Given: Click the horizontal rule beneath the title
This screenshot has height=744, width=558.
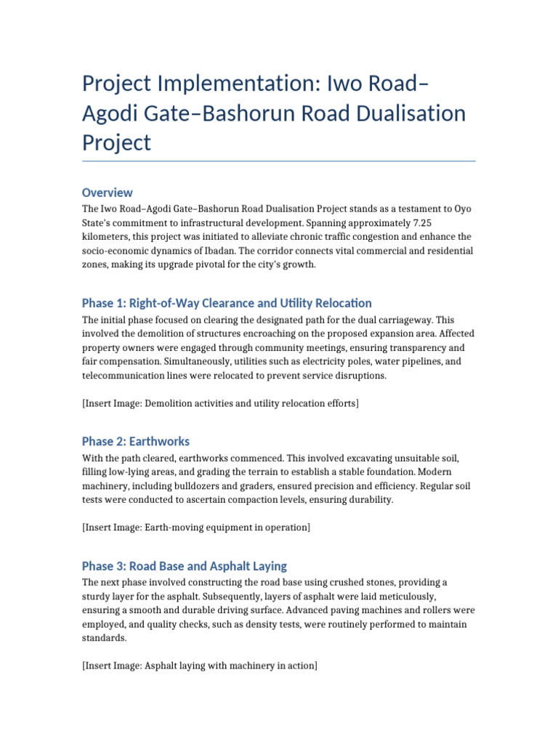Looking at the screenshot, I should [278, 161].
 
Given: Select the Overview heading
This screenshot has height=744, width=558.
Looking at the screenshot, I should [107, 193].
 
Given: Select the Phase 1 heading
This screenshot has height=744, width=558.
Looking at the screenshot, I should [227, 303].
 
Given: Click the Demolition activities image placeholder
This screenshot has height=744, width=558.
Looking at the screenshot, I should [220, 403].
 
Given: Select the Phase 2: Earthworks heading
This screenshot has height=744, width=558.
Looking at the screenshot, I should [136, 441].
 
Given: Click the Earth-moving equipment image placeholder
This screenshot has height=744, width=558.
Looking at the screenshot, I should [196, 527].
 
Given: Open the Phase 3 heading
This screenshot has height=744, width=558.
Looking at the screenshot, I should [185, 565].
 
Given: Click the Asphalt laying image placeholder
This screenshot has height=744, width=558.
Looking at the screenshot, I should [200, 666].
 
